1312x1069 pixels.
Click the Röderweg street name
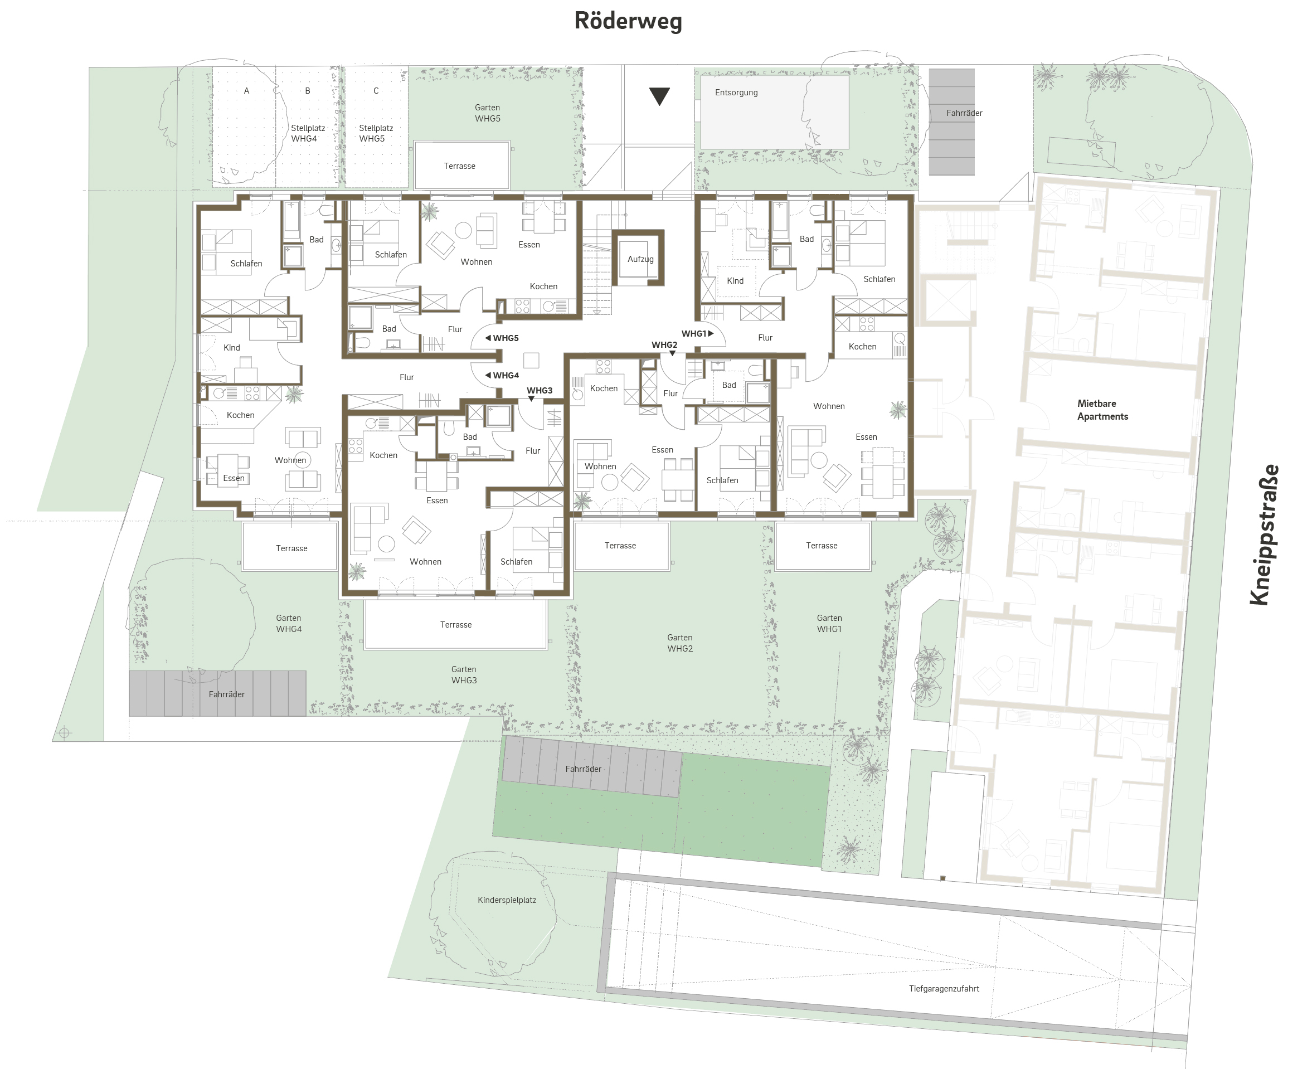pos(628,21)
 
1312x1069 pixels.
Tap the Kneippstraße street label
pos(1264,534)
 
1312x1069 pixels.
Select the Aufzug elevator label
pos(640,259)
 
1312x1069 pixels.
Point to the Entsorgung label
pos(736,93)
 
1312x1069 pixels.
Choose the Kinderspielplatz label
pos(507,900)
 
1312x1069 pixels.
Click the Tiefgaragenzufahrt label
pos(944,988)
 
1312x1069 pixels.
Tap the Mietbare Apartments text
pos(1102,410)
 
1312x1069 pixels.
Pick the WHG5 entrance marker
pos(502,338)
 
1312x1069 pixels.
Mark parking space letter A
pos(246,90)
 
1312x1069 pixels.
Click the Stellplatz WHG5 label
pos(376,134)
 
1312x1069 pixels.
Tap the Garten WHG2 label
pos(680,643)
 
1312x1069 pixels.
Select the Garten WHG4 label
pos(289,623)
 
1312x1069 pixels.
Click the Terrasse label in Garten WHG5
pos(459,166)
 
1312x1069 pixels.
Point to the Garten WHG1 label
pos(829,623)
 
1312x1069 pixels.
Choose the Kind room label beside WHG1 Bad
pos(735,281)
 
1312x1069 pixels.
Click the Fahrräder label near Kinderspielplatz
pos(583,769)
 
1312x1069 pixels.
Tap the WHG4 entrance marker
pos(502,375)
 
